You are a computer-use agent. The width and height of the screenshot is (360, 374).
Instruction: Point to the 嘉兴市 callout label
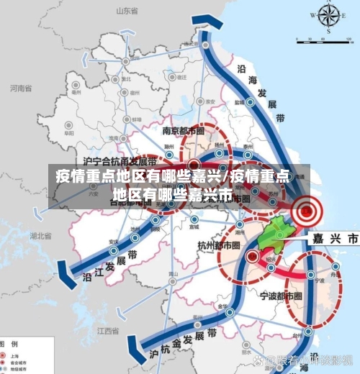(334, 237)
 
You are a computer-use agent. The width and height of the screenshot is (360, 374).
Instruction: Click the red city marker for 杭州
(252, 255)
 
